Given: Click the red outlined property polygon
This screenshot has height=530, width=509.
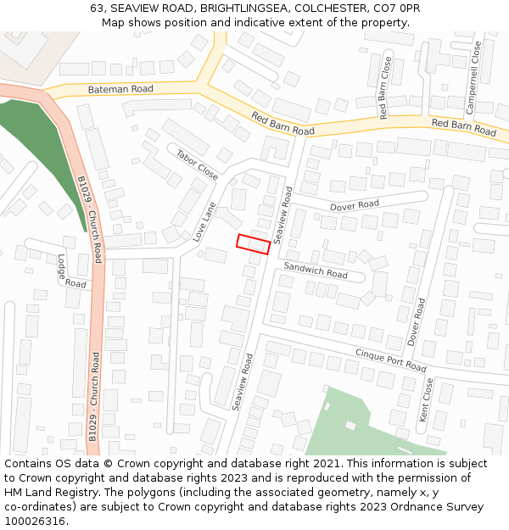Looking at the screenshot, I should [253, 244].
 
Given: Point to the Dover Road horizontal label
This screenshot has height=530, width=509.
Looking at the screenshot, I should [355, 206].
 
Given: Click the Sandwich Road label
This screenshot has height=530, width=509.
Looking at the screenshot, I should [316, 270].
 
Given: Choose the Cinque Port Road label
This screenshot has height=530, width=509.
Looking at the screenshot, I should [391, 360].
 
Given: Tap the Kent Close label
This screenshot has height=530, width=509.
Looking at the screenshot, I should [427, 400].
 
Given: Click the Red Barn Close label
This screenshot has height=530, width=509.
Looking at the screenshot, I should [385, 87].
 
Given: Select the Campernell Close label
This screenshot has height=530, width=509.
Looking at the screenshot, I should [474, 78].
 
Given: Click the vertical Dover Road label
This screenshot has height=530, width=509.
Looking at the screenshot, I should [417, 321].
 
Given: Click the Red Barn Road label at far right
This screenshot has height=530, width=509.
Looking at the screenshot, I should [463, 127].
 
